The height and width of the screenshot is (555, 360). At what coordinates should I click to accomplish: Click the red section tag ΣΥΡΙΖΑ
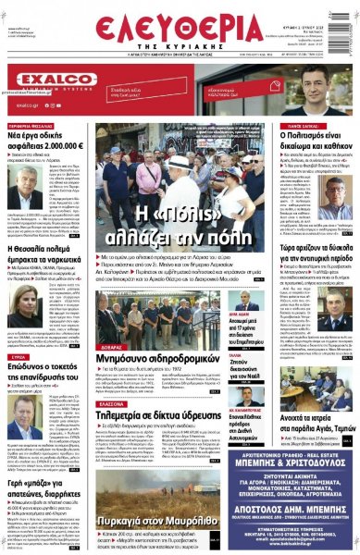click(17, 355)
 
